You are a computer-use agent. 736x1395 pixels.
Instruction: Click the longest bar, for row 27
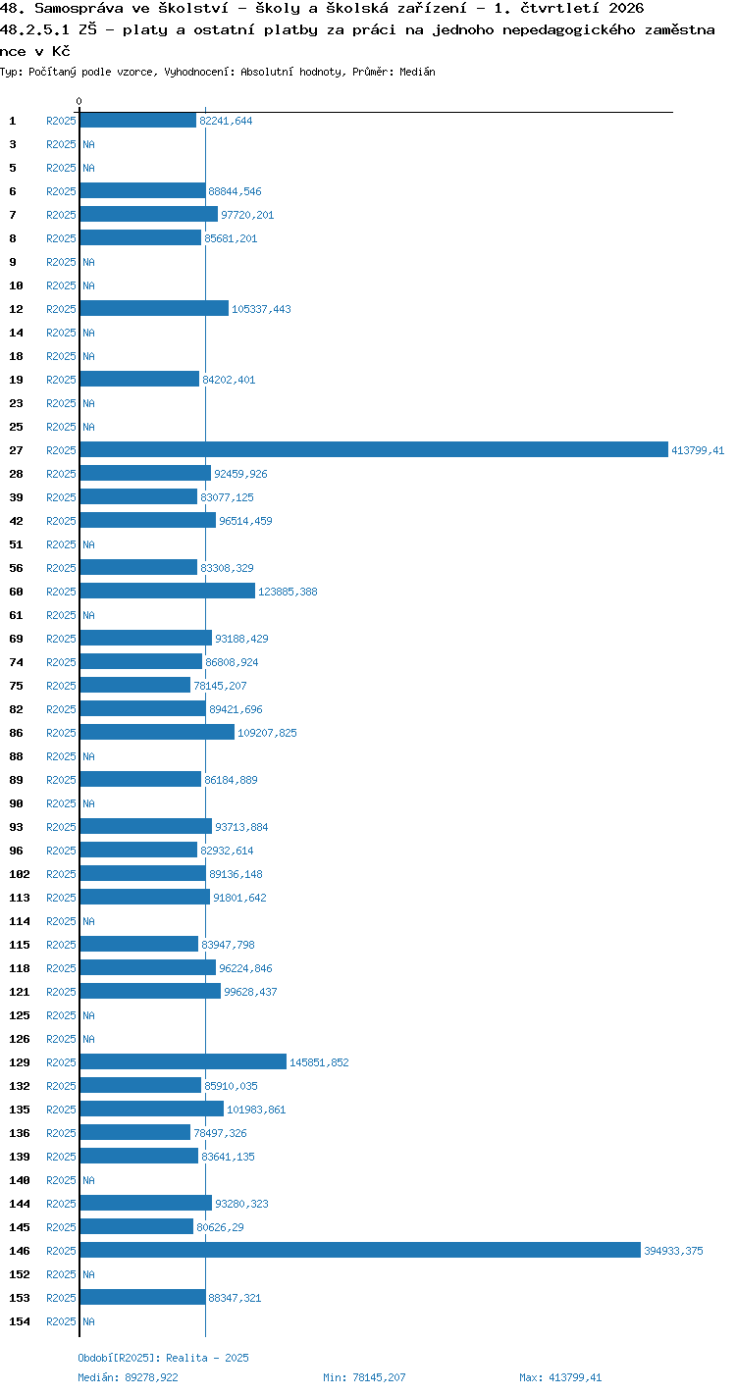[x=374, y=449]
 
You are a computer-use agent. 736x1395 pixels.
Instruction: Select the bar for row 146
[x=360, y=1250]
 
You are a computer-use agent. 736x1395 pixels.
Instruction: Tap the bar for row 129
[x=184, y=1061]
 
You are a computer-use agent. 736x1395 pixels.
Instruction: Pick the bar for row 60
[x=168, y=591]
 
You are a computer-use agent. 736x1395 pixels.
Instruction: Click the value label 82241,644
[x=226, y=121]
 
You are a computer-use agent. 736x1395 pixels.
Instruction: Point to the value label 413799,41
[x=698, y=450]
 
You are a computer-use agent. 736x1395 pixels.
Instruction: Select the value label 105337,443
[x=261, y=309]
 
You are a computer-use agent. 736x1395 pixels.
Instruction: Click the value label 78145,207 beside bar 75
[x=220, y=686]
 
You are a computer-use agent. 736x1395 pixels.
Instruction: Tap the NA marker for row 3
[x=88, y=144]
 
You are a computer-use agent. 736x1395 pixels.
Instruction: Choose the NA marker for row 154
[x=88, y=1321]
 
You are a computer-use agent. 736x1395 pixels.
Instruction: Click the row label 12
[x=17, y=309]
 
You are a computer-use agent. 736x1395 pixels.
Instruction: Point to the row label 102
[x=20, y=874]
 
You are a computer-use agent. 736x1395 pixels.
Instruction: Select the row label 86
[x=17, y=733]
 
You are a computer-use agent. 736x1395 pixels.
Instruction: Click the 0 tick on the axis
[x=79, y=101]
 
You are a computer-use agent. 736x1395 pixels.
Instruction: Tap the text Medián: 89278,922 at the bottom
[x=128, y=1377]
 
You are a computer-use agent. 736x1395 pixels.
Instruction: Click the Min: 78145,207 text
[x=364, y=1377]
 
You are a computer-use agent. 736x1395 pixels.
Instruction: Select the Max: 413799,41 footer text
[x=560, y=1377]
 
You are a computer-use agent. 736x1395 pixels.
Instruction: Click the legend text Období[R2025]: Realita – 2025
[x=163, y=1358]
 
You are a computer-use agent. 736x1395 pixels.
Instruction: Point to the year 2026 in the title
[x=626, y=8]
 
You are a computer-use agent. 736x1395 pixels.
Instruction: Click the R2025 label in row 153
[x=61, y=1298]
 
